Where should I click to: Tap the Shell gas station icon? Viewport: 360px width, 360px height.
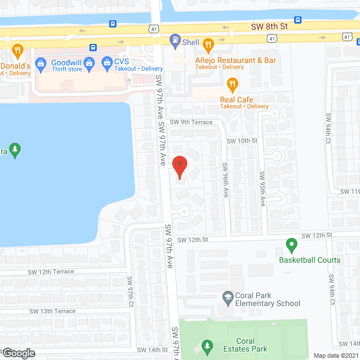tap(175, 40)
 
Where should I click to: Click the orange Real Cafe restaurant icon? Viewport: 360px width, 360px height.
tap(231, 85)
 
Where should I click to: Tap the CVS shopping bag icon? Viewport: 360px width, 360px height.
tap(106, 61)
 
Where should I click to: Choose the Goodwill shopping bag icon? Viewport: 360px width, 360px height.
tap(40, 62)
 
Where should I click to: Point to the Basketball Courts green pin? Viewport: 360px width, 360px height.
tap(291, 245)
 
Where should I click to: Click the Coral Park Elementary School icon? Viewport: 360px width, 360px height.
tap(228, 296)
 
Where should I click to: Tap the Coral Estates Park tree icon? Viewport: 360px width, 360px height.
tap(207, 345)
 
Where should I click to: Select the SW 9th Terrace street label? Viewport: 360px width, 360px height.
tap(191, 122)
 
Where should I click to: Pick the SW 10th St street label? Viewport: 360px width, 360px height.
tap(242, 140)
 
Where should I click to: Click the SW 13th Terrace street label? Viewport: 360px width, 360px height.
tap(53, 311)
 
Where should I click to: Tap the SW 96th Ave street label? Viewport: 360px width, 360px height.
tap(225, 180)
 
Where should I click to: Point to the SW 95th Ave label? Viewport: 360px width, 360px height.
tap(263, 189)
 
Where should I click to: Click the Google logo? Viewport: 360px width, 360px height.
tap(18, 353)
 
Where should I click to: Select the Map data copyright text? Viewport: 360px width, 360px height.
tap(336, 355)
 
